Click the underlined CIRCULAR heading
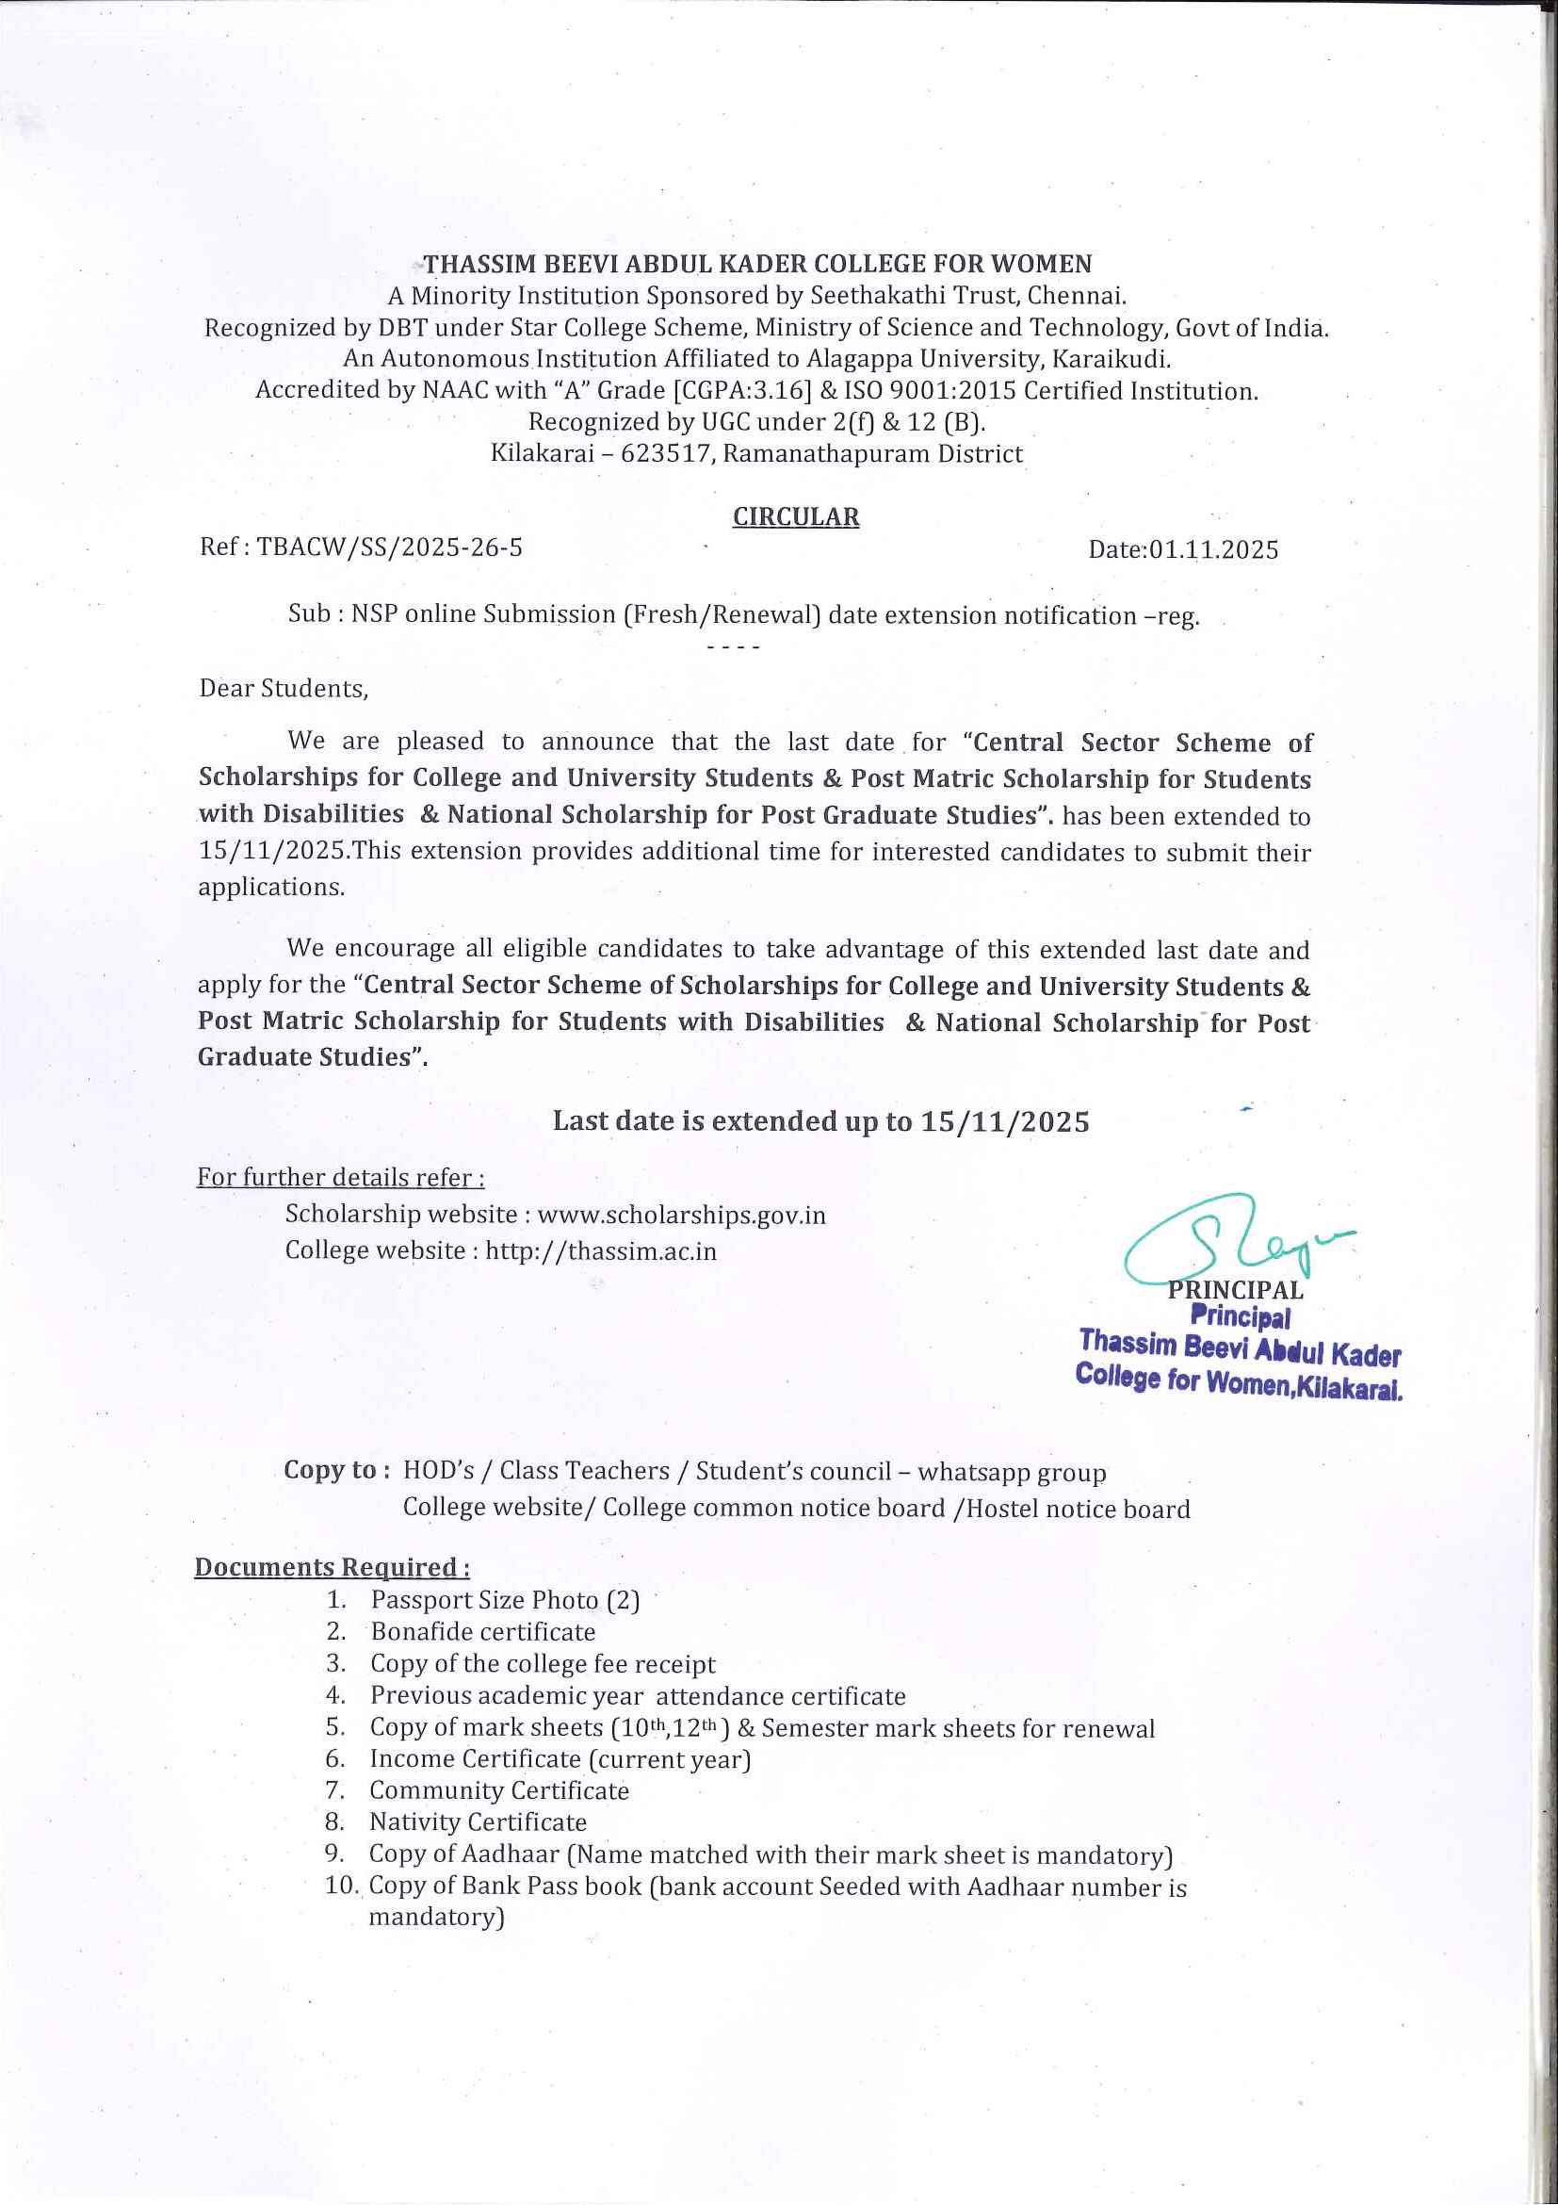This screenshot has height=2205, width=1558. point(796,516)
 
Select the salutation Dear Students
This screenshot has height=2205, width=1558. point(284,689)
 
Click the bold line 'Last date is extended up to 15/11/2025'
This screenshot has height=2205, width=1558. point(820,1121)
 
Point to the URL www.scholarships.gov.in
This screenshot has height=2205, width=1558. point(682,1215)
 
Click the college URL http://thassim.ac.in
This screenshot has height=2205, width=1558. point(601,1251)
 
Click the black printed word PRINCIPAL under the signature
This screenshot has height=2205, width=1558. point(1236,1291)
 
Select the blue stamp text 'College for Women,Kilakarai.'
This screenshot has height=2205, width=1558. point(1239,1381)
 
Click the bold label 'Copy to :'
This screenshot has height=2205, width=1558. point(337,1471)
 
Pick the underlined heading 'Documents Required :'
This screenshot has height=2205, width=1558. point(333,1567)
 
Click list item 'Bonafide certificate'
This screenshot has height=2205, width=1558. point(483,1632)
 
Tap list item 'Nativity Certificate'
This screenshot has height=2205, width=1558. point(479,1821)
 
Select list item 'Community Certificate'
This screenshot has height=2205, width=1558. point(499,1790)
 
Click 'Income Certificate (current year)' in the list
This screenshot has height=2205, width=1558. point(560,1758)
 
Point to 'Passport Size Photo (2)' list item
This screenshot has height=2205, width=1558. point(505,1600)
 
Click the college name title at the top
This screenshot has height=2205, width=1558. point(757,264)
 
